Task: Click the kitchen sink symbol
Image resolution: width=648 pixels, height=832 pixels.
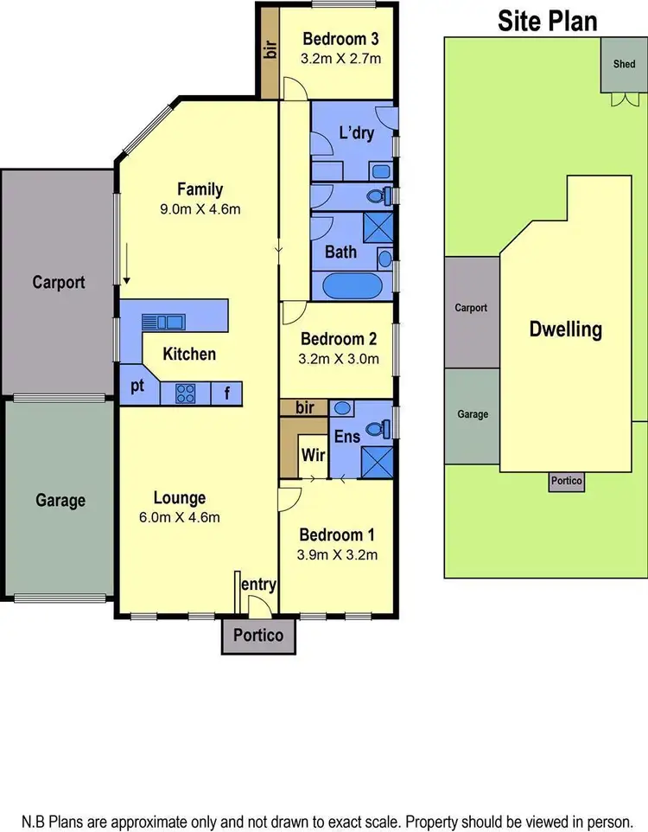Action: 162,322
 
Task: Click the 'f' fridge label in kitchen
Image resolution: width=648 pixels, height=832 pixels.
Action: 227,394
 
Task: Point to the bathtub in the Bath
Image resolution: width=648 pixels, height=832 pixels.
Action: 354,286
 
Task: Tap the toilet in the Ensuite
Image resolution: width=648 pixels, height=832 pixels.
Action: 374,427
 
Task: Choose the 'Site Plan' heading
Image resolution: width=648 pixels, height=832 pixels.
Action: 547,21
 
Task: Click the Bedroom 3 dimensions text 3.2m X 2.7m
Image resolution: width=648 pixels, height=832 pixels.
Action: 340,59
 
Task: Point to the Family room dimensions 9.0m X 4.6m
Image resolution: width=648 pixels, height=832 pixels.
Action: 200,208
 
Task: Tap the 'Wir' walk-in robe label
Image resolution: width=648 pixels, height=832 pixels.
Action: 311,453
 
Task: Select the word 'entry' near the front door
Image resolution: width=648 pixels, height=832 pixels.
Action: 258,585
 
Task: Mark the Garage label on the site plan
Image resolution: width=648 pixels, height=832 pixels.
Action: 472,414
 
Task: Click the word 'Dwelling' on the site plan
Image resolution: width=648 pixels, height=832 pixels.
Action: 566,330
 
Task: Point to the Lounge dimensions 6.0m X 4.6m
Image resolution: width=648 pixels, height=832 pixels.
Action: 180,518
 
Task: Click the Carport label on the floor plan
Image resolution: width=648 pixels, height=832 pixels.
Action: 58,282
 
